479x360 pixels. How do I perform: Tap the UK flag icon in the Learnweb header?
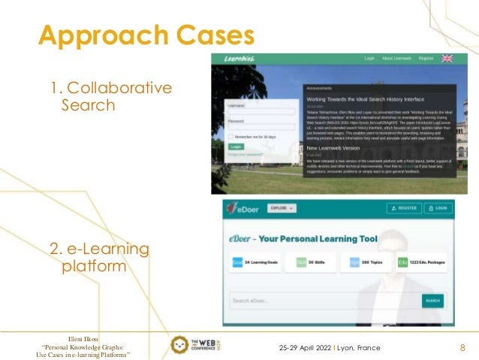(x=447, y=58)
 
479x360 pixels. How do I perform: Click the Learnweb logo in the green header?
(x=239, y=59)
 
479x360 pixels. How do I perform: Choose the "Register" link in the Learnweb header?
(x=426, y=58)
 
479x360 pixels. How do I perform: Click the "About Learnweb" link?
(x=396, y=58)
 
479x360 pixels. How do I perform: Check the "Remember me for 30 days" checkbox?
(x=231, y=137)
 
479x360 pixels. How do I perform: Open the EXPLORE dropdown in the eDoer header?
(x=282, y=208)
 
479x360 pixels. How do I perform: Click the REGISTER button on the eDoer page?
(x=403, y=208)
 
